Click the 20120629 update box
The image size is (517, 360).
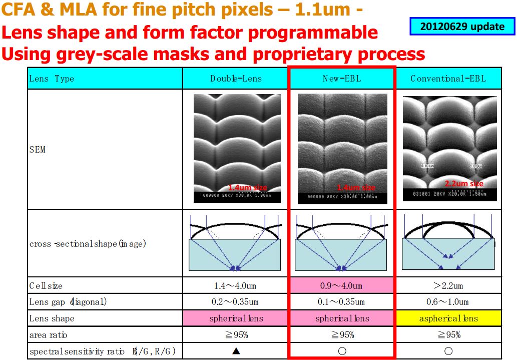(462, 27)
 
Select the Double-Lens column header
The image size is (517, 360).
(236, 79)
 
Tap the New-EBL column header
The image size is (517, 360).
(342, 79)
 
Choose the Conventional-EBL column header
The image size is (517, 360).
(448, 79)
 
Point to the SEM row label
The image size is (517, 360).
(38, 149)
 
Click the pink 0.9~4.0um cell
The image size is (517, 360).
(342, 286)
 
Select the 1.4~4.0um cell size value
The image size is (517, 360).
(236, 286)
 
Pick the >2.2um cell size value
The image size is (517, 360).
(448, 286)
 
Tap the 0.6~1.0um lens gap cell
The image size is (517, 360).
(448, 302)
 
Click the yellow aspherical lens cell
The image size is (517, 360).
(448, 318)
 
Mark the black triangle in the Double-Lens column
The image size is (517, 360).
(236, 351)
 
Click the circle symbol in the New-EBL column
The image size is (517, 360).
(342, 351)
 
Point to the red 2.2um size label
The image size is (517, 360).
(464, 184)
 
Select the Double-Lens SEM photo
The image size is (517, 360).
(236, 148)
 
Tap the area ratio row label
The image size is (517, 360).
(48, 334)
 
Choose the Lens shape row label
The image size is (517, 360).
(52, 318)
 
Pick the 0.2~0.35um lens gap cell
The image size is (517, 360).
(236, 302)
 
